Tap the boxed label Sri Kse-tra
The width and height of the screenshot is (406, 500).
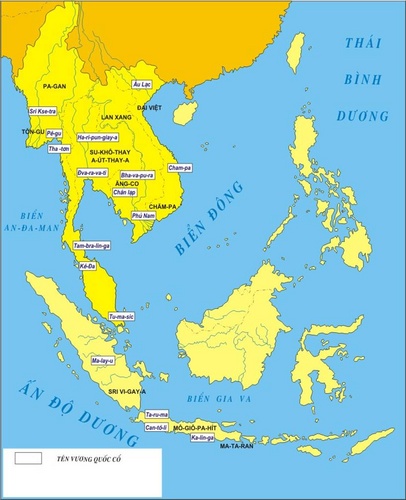[42, 111]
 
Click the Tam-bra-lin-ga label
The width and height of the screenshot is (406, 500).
[92, 244]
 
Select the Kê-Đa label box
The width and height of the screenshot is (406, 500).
[88, 267]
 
